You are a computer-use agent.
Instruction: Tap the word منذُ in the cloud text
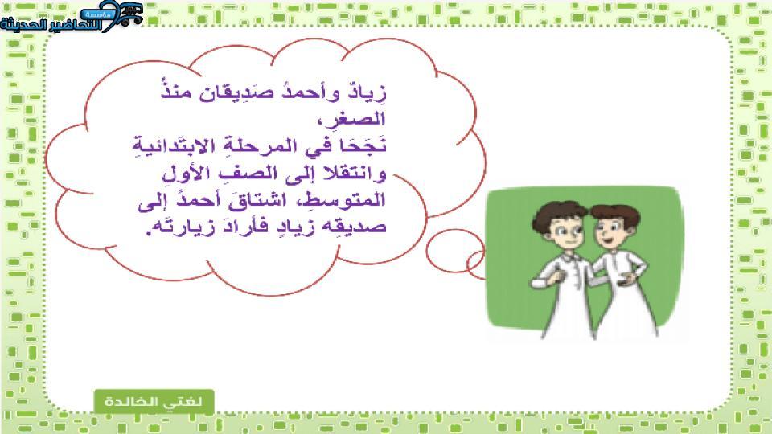176,91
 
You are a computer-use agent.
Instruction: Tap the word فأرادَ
246,227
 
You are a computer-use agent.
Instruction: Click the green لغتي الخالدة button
154,401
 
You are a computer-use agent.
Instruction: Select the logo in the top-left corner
72,17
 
